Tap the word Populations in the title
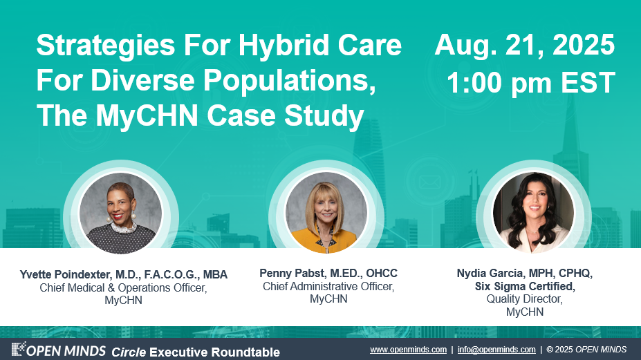(290, 81)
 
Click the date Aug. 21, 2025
(525, 45)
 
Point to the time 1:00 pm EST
(530, 82)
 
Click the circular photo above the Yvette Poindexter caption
(120, 213)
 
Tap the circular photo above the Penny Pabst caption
(326, 213)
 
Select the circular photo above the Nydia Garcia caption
(533, 213)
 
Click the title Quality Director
(525, 299)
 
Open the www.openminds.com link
(408, 350)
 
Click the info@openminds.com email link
(496, 350)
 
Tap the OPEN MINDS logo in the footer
(59, 350)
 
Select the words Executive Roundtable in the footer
(214, 352)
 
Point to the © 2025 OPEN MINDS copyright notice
(586, 350)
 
